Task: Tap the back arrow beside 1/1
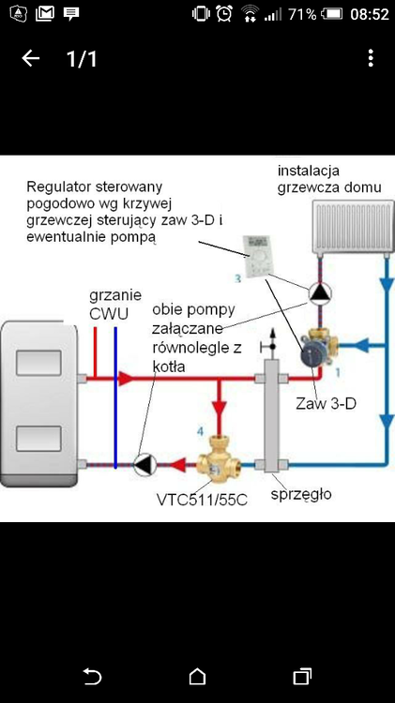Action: click(x=31, y=59)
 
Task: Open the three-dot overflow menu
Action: click(x=372, y=59)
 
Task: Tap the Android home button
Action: click(x=197, y=676)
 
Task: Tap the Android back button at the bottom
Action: click(x=92, y=676)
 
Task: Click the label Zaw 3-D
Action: click(x=321, y=405)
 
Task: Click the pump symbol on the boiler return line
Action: click(x=144, y=463)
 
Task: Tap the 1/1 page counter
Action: click(x=82, y=59)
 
